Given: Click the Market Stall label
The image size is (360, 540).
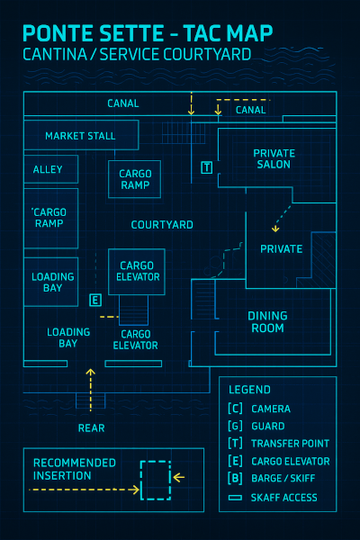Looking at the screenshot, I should pyautogui.click(x=80, y=136).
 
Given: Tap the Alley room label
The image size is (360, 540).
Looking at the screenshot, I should pyautogui.click(x=48, y=169).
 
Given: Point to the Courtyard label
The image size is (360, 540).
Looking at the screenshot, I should pyautogui.click(x=162, y=224).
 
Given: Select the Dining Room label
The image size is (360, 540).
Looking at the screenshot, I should pyautogui.click(x=267, y=322).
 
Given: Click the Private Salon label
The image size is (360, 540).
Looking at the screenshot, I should pyautogui.click(x=274, y=159).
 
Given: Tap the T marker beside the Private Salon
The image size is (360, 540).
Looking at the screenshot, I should pyautogui.click(x=207, y=167).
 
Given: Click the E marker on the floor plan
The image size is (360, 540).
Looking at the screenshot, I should pyautogui.click(x=94, y=300).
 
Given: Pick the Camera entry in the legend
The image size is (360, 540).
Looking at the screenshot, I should pyautogui.click(x=270, y=409).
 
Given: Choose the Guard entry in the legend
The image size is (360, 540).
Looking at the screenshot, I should pyautogui.click(x=267, y=427).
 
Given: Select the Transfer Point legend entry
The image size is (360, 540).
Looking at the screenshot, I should pyautogui.click(x=289, y=444).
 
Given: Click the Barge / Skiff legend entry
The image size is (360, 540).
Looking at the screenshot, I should pyautogui.click(x=285, y=479).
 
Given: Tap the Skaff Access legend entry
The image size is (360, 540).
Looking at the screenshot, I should pyautogui.click(x=283, y=498).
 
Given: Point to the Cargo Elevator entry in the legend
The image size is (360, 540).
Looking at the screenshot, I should pyautogui.click(x=289, y=462).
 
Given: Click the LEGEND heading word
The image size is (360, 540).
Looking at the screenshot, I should pyautogui.click(x=249, y=390).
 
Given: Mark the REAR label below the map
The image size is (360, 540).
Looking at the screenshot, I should pyautogui.click(x=91, y=428).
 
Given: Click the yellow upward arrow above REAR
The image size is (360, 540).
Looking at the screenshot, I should pyautogui.click(x=90, y=376).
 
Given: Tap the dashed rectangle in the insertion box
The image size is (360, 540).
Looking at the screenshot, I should pyautogui.click(x=155, y=481).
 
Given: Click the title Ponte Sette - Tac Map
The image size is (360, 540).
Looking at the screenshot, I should pyautogui.click(x=148, y=34).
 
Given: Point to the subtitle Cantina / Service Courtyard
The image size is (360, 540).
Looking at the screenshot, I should pyautogui.click(x=137, y=55).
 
